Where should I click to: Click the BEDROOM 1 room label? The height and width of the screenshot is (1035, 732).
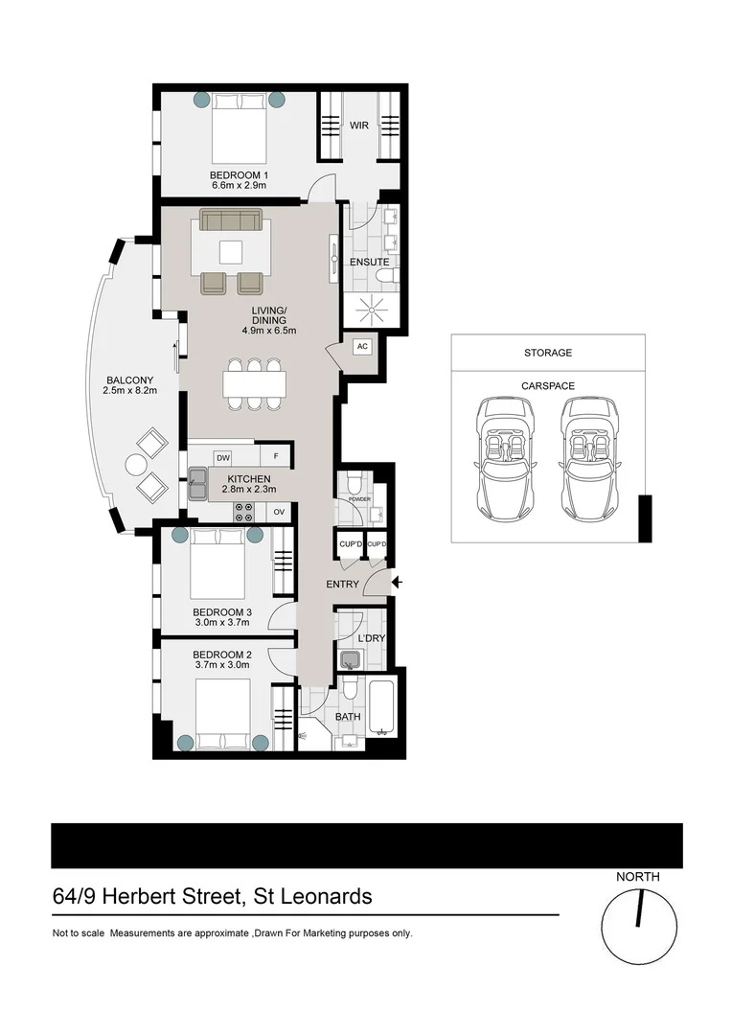click(239, 175)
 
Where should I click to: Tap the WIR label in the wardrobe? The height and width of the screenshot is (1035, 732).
click(359, 126)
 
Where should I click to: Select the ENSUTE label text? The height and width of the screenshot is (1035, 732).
click(369, 262)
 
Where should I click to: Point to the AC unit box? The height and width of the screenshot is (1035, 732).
click(362, 347)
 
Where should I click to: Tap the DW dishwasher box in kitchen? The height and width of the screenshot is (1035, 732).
click(222, 458)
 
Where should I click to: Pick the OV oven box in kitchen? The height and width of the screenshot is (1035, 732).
click(279, 513)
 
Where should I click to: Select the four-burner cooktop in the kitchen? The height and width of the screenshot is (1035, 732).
click(243, 512)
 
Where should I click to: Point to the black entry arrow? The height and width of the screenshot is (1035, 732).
click(398, 582)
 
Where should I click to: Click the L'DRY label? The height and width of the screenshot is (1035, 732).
click(370, 638)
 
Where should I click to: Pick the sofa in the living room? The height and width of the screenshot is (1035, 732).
click(231, 219)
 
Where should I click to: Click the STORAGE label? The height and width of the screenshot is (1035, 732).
click(547, 353)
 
